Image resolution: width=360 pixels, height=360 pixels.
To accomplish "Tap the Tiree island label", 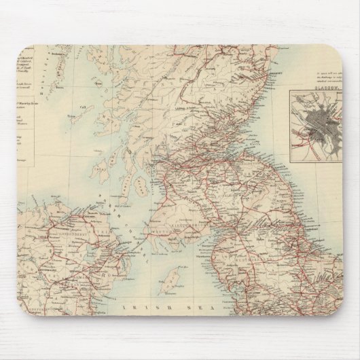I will click(69, 117).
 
